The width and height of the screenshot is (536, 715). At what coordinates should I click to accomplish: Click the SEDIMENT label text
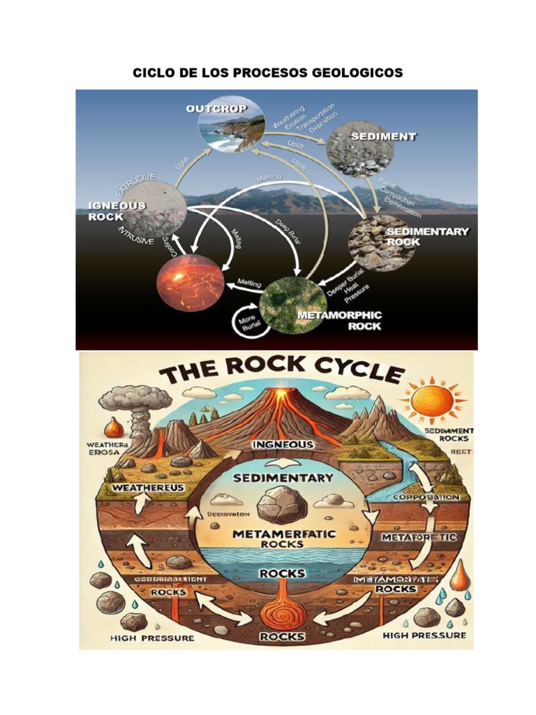pyautogui.click(x=383, y=137)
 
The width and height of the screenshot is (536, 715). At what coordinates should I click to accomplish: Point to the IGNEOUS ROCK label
pyautogui.click(x=117, y=210)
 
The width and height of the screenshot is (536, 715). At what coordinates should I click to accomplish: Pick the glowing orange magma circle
pyautogui.click(x=191, y=282)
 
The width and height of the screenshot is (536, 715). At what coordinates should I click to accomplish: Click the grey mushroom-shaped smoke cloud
pyautogui.click(x=124, y=401)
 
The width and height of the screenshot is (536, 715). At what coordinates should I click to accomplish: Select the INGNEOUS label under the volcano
pyautogui.click(x=282, y=444)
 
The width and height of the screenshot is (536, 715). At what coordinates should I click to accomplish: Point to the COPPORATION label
pyautogui.click(x=426, y=497)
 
